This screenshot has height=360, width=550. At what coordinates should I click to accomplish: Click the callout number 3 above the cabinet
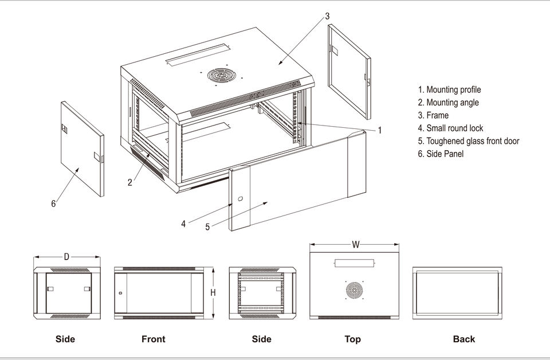click(327, 17)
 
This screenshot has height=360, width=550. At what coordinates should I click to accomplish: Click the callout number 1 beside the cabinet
click(379, 131)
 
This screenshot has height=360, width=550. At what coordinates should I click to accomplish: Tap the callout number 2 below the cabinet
click(130, 183)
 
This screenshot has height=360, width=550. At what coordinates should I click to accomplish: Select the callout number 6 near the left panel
click(53, 204)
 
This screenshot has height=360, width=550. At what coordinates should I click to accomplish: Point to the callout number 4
click(183, 224)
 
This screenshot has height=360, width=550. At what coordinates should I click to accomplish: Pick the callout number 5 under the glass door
click(207, 227)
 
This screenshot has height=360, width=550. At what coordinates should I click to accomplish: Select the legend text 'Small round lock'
click(454, 128)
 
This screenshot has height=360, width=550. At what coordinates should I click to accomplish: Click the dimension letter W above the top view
click(356, 245)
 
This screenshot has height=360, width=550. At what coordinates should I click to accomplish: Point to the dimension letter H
click(213, 292)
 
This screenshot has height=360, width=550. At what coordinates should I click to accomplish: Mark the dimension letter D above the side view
click(66, 257)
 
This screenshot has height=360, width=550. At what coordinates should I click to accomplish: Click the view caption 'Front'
click(154, 339)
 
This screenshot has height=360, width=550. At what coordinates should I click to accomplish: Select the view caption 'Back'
click(463, 339)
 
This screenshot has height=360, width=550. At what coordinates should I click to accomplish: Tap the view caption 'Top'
click(353, 339)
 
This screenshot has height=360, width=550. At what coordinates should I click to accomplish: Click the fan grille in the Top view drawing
click(354, 290)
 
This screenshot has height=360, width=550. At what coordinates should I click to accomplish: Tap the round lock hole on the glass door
click(240, 199)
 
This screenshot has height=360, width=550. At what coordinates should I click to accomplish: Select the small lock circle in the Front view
click(120, 293)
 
